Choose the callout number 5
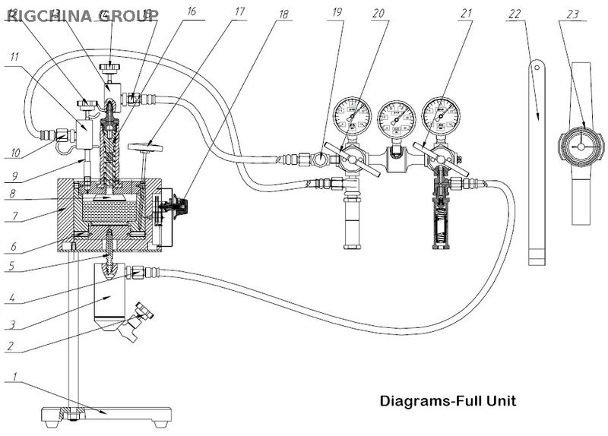click(13, 267)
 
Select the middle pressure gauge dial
click(396, 120)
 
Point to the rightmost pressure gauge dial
click(441, 115)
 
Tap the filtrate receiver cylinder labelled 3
click(110, 296)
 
